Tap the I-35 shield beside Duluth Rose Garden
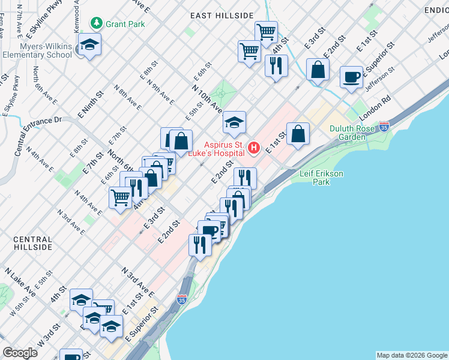point(384,127)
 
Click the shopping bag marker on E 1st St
point(298,134)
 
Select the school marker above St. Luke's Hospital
point(235,124)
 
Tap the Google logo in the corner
point(20,353)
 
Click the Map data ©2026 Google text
point(411,355)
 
